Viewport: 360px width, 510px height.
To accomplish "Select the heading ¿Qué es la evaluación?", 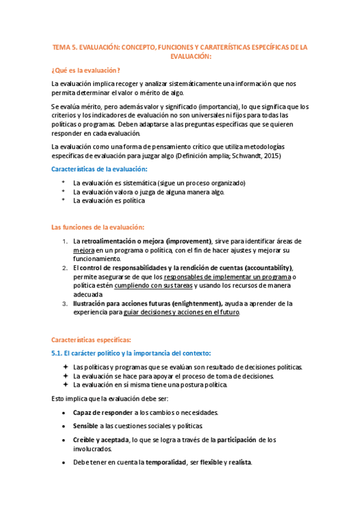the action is pos(85,70).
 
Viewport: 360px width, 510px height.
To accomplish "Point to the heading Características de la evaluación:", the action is pos(99,170).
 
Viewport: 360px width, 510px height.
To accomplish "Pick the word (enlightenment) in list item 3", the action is pos(194,304).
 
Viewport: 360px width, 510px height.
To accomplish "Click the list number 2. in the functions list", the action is pos(65,268).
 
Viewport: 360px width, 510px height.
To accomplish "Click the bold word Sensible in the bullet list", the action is pos(85,425).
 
